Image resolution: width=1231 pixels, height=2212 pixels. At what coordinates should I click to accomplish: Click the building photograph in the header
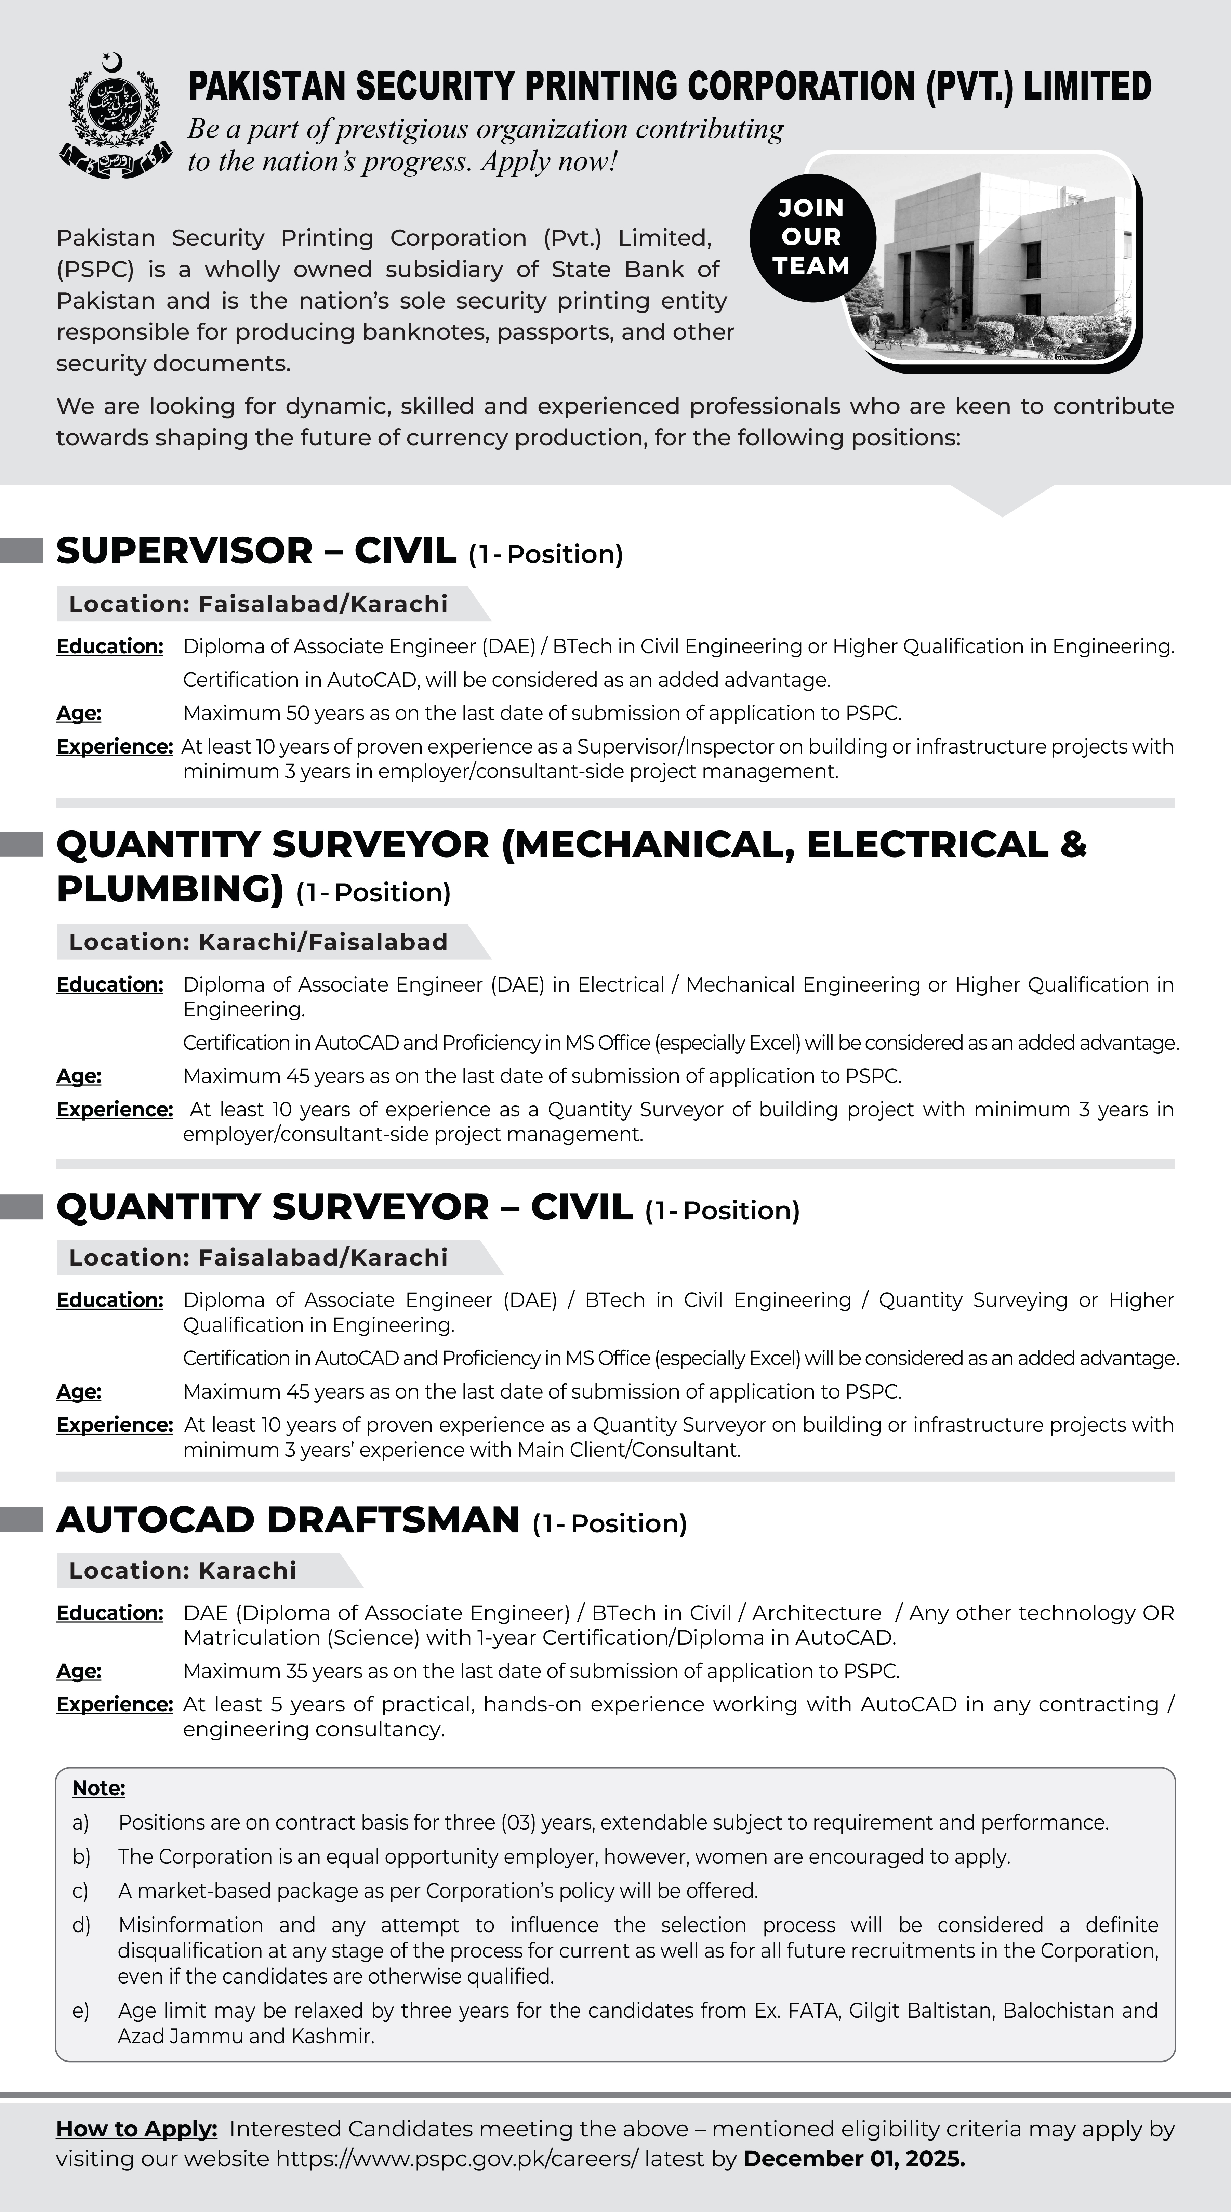point(996,262)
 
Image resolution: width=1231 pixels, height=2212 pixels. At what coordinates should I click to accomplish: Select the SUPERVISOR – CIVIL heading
point(256,551)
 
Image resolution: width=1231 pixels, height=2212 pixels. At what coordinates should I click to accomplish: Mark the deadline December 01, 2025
point(854,2159)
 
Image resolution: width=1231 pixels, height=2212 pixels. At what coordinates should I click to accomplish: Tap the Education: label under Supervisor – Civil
point(110,646)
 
